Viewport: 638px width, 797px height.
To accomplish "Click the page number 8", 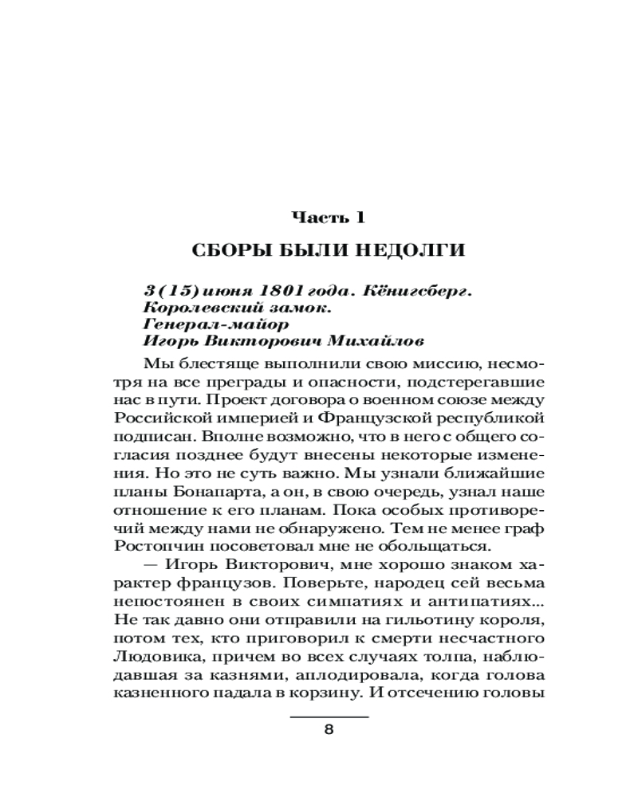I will pos(329,732).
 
